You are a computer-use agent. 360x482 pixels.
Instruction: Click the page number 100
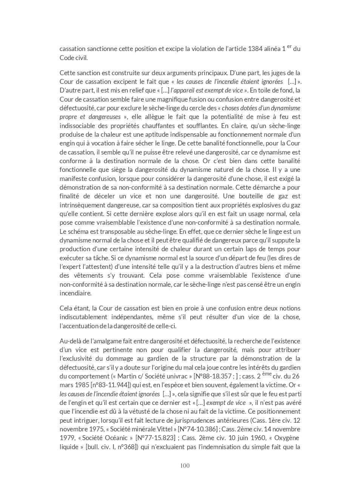[x=185, y=465]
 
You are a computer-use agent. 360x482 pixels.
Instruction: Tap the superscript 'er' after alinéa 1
[x=289, y=46]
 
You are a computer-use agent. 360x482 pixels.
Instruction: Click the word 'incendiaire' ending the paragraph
[x=75, y=293]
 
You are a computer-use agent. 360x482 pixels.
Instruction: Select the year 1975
[x=95, y=429]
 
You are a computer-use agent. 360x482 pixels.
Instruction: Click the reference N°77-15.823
[x=154, y=438]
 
